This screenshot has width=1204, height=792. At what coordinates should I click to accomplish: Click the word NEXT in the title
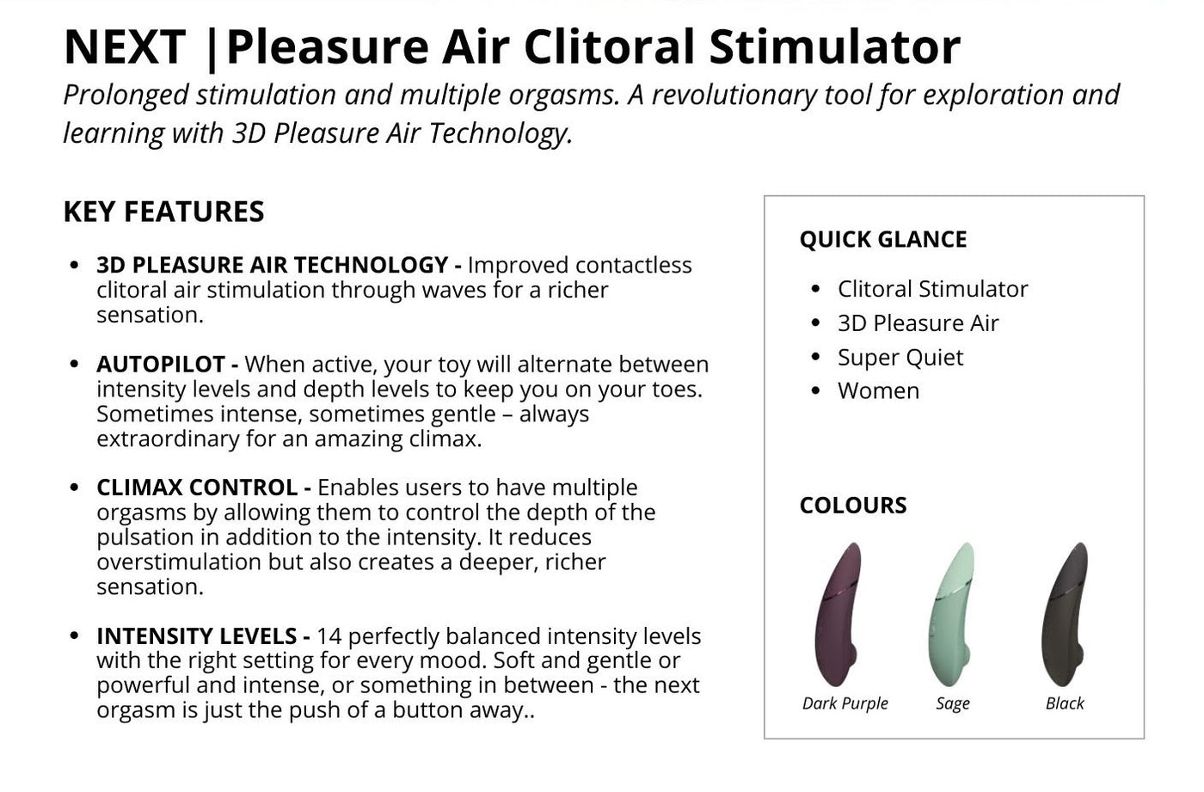tap(125, 46)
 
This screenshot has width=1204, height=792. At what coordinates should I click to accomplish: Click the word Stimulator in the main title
tap(834, 46)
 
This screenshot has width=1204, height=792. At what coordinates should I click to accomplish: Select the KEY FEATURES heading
tap(164, 212)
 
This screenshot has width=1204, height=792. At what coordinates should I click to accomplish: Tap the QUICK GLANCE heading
tap(883, 239)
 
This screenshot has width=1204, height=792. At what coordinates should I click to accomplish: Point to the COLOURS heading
tap(853, 505)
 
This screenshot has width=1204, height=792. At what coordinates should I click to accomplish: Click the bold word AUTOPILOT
tap(160, 365)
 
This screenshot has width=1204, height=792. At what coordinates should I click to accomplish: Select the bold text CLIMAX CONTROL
tap(197, 488)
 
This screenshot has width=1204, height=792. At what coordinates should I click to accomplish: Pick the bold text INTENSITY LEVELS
tap(196, 636)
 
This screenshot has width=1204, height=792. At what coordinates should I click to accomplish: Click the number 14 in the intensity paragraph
tap(329, 636)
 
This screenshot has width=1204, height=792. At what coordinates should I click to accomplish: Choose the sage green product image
tap(950, 614)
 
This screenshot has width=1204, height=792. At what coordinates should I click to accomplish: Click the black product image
tap(1065, 614)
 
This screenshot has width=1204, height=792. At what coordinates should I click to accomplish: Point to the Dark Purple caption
tap(845, 703)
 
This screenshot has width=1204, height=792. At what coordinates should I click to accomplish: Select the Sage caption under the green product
tap(953, 703)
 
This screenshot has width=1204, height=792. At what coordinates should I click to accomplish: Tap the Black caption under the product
tap(1065, 703)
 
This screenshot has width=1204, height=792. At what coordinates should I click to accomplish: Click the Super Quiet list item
tap(900, 358)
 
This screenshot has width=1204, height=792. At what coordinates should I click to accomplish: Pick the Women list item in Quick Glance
tap(878, 390)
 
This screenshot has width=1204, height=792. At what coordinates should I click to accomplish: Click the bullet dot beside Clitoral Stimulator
tap(815, 289)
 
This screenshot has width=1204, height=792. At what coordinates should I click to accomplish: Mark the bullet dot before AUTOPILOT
tap(74, 365)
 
